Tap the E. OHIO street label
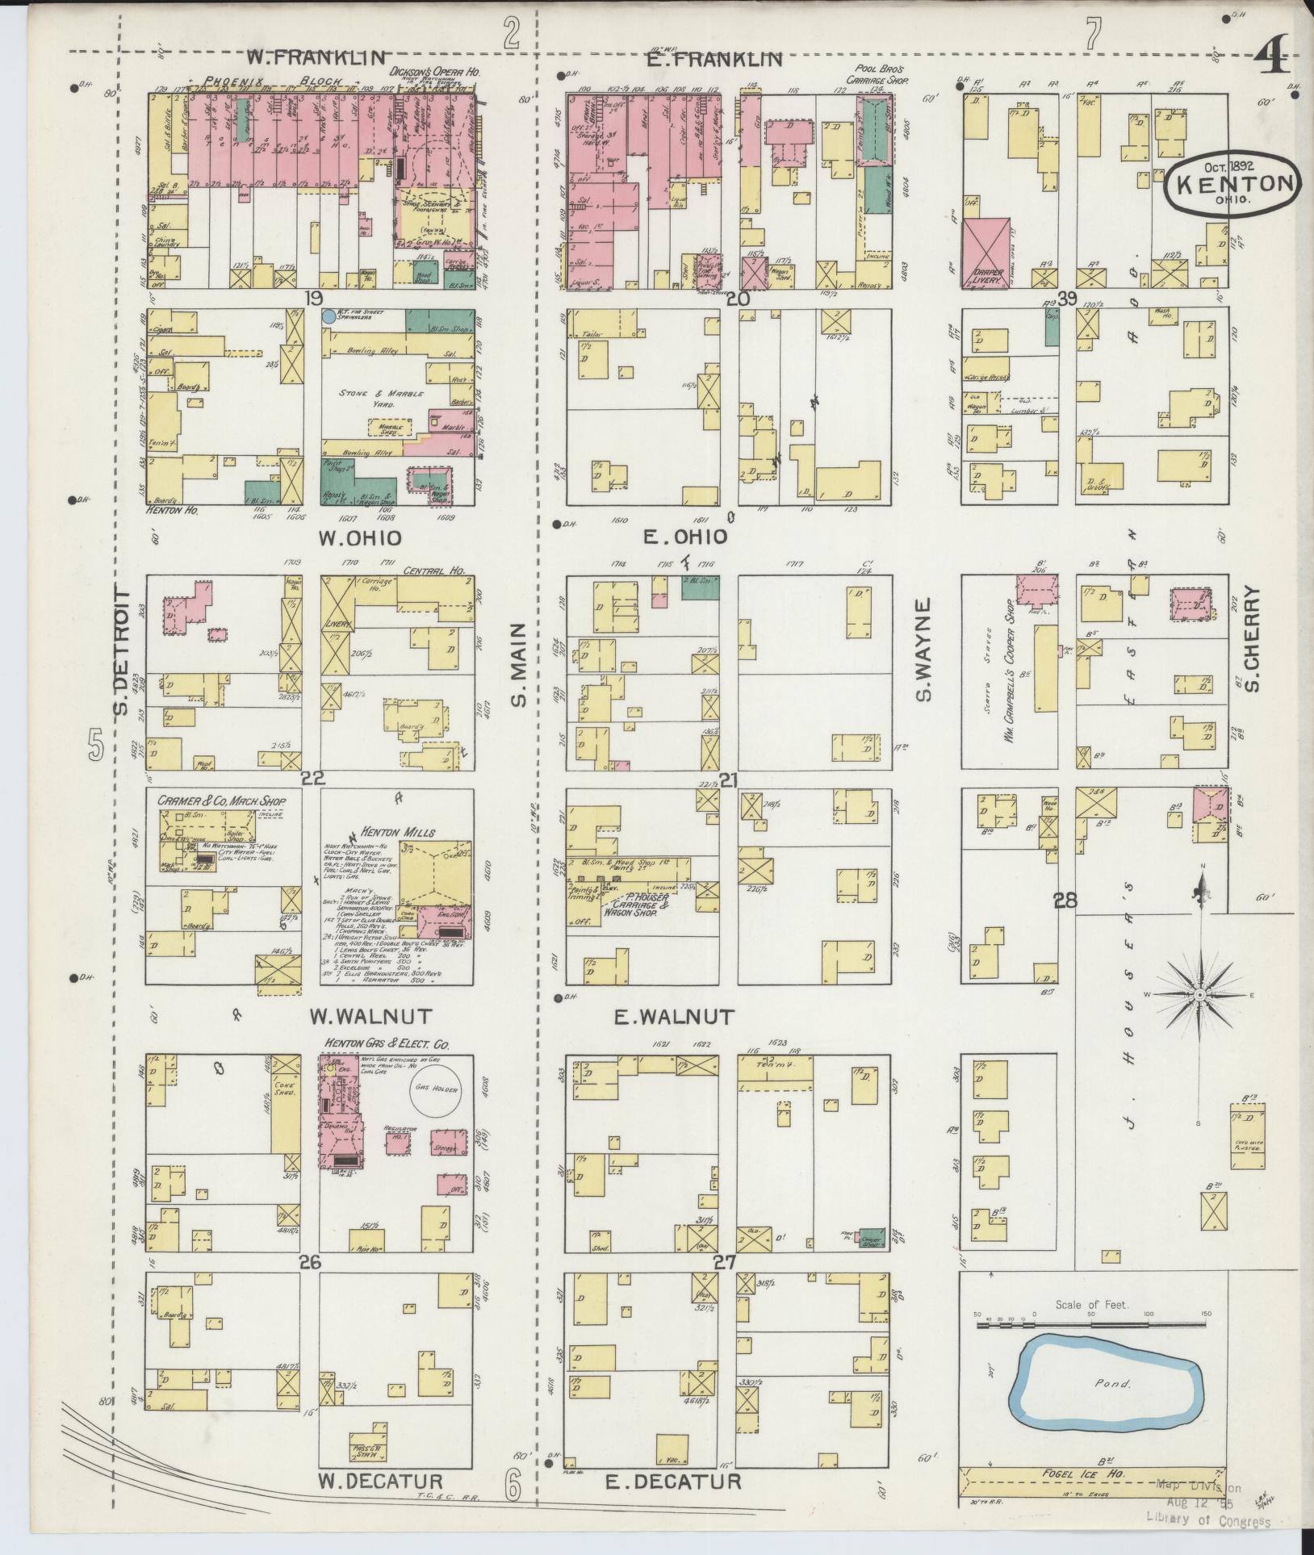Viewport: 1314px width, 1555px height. [x=684, y=537]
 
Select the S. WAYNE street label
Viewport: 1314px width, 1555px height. [x=924, y=650]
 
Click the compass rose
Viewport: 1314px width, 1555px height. [x=1200, y=995]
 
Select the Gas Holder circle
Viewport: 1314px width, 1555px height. [x=435, y=1089]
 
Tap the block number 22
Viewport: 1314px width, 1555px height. [x=313, y=778]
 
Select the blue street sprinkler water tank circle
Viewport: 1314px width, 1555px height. [x=328, y=317]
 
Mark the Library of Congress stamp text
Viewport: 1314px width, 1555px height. [x=1208, y=1521]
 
